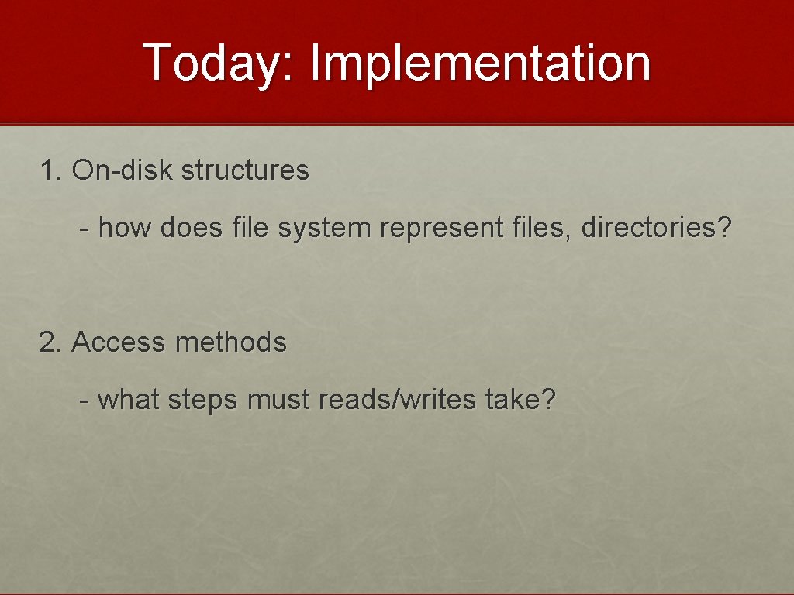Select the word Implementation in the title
pyautogui.click(x=480, y=63)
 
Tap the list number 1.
pyautogui.click(x=50, y=170)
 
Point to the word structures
pyautogui.click(x=245, y=170)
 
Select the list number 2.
pyautogui.click(x=50, y=342)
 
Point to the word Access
pyautogui.click(x=118, y=342)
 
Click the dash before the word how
pyautogui.click(x=85, y=229)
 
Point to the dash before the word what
pyautogui.click(x=85, y=401)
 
